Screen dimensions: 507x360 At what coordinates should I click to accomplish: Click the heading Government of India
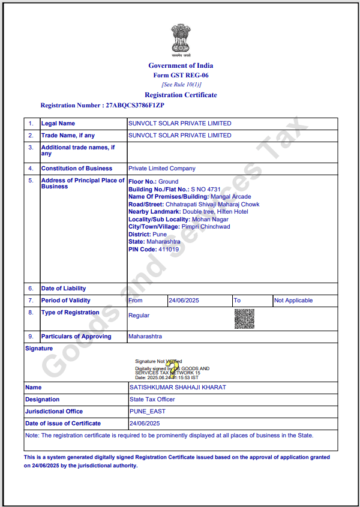coord(181,65)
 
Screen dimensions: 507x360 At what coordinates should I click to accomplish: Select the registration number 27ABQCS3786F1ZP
coord(135,106)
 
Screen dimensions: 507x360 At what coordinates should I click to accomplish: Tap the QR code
coord(244,319)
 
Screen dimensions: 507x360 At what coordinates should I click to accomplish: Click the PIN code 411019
coord(168,249)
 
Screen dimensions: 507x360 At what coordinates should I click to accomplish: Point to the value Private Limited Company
coord(161,169)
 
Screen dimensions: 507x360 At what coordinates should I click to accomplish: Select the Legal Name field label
coord(58,123)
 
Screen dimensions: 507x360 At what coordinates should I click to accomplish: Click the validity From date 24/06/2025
coord(184,301)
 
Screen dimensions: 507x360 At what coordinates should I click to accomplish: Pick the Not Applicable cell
coord(293,301)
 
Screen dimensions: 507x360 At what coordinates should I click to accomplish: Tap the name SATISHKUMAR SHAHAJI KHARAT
coord(178,388)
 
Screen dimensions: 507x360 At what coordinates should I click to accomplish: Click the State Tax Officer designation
coord(152,400)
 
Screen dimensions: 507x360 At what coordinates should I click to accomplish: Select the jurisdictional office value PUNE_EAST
coord(148,412)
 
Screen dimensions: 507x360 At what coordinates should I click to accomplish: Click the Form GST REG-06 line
coord(181,75)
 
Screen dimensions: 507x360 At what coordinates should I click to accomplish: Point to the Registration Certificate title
coord(181,95)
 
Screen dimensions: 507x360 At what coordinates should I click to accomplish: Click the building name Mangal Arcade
coord(231,197)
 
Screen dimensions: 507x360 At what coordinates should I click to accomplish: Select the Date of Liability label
coord(64,289)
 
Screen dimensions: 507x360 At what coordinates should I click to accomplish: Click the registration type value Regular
coord(139,316)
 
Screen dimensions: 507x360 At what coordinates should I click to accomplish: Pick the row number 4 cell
coord(31,169)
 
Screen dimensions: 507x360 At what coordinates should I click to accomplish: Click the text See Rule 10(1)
coord(181,85)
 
